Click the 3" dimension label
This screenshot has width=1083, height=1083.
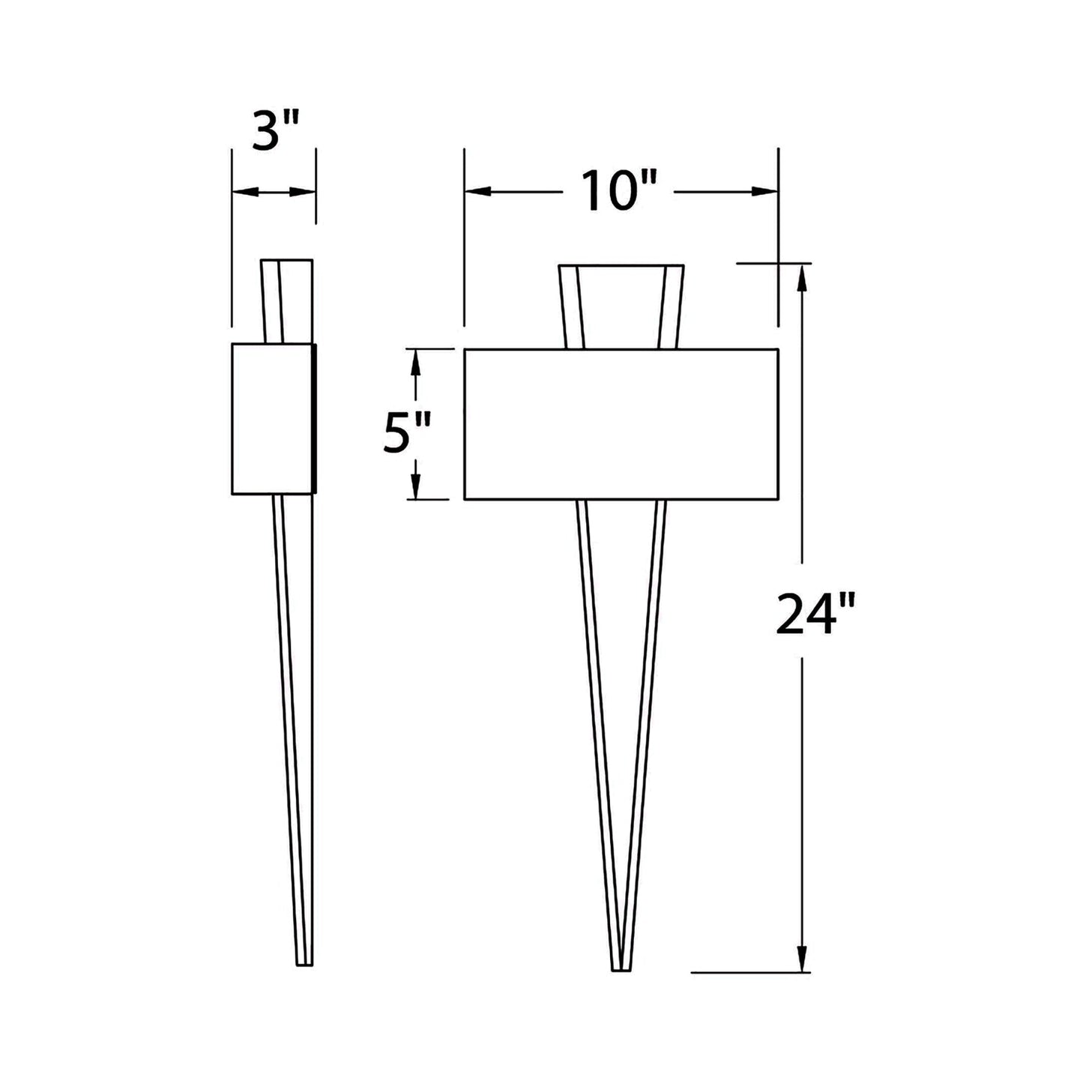tap(273, 133)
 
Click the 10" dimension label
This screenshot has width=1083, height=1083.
tap(620, 190)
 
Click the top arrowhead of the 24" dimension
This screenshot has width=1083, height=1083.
tap(802, 279)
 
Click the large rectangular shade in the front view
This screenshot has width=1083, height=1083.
tap(621, 423)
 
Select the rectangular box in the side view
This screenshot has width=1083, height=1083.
tap(272, 419)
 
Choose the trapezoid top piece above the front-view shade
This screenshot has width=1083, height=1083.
tap(621, 304)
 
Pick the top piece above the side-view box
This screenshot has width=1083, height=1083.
tap(286, 301)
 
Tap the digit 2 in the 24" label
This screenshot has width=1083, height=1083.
tap(788, 612)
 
